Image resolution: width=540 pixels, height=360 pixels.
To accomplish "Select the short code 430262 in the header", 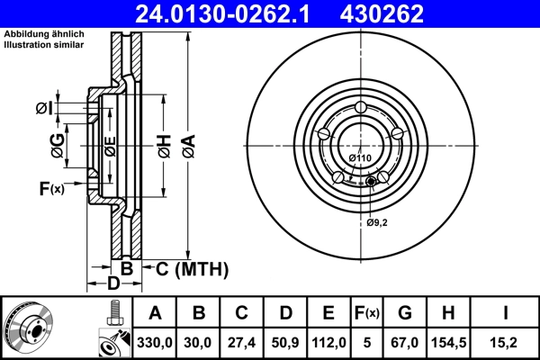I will (x=392, y=13).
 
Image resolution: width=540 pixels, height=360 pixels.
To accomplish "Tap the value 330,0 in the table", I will (x=156, y=342).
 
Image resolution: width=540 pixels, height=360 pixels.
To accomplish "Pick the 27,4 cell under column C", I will (x=242, y=342).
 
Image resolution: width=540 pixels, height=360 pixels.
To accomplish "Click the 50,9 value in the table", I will (x=285, y=342).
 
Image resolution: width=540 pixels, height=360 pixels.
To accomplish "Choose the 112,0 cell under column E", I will (x=328, y=342).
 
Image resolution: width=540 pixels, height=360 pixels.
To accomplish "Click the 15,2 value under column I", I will (x=508, y=342).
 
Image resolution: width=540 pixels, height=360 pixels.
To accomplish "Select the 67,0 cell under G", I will (x=404, y=342).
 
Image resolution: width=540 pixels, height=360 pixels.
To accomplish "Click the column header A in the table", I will (x=156, y=313).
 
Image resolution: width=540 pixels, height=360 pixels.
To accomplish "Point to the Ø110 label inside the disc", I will (x=360, y=159).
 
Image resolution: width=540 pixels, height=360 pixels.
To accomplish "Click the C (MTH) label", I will (x=192, y=268).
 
